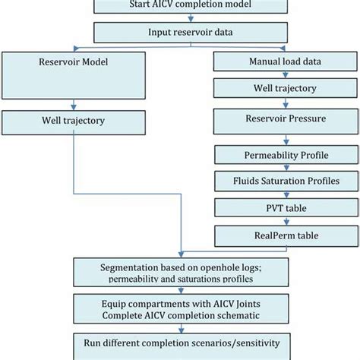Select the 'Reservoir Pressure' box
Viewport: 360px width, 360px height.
(285, 120)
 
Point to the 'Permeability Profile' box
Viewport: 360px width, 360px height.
(285, 154)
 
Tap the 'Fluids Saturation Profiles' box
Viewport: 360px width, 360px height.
(285, 182)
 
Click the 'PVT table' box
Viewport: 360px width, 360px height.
(285, 207)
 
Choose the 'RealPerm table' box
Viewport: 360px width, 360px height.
(285, 234)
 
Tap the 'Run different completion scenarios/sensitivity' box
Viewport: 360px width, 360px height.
(179, 343)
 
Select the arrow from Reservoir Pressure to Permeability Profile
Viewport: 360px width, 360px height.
(285, 138)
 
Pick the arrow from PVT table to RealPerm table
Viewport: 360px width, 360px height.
(285, 220)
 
